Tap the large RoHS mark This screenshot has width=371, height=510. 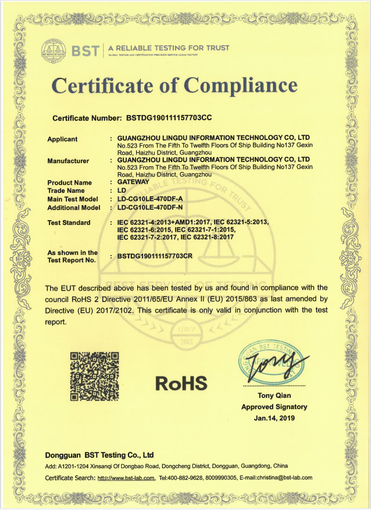pyautogui.click(x=181, y=383)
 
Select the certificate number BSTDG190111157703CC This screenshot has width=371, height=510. pyautogui.click(x=169, y=118)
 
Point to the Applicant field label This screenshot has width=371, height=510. pyautogui.click(x=62, y=139)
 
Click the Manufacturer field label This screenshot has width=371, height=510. pyautogui.click(x=68, y=161)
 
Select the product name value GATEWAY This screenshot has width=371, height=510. pyautogui.click(x=134, y=182)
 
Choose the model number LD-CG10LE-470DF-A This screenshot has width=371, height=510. pyautogui.click(x=150, y=199)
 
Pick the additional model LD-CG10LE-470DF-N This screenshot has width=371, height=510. pyautogui.click(x=150, y=207)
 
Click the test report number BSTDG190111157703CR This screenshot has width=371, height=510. pyautogui.click(x=155, y=256)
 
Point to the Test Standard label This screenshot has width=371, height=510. pyautogui.click(x=69, y=223)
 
